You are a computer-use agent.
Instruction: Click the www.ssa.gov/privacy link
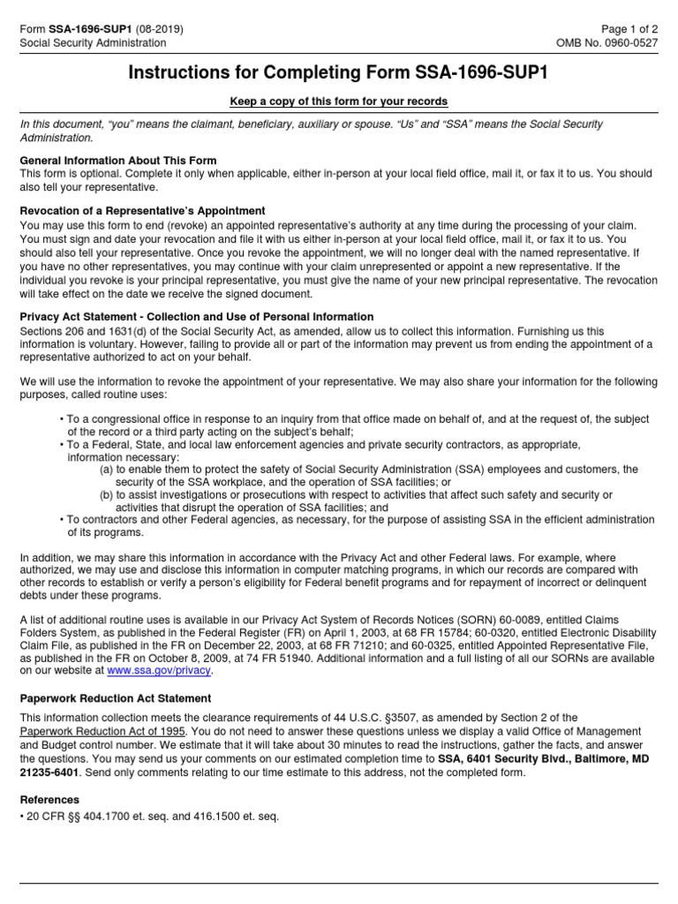pyautogui.click(x=159, y=670)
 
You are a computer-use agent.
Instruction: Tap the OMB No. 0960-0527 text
pyautogui.click(x=606, y=42)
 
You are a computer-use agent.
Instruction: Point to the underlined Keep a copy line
pyautogui.click(x=339, y=102)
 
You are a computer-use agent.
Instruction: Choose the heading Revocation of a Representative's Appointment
pyautogui.click(x=143, y=211)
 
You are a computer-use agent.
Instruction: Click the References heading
pyautogui.click(x=50, y=800)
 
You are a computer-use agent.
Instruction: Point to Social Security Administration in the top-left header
pyautogui.click(x=93, y=42)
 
